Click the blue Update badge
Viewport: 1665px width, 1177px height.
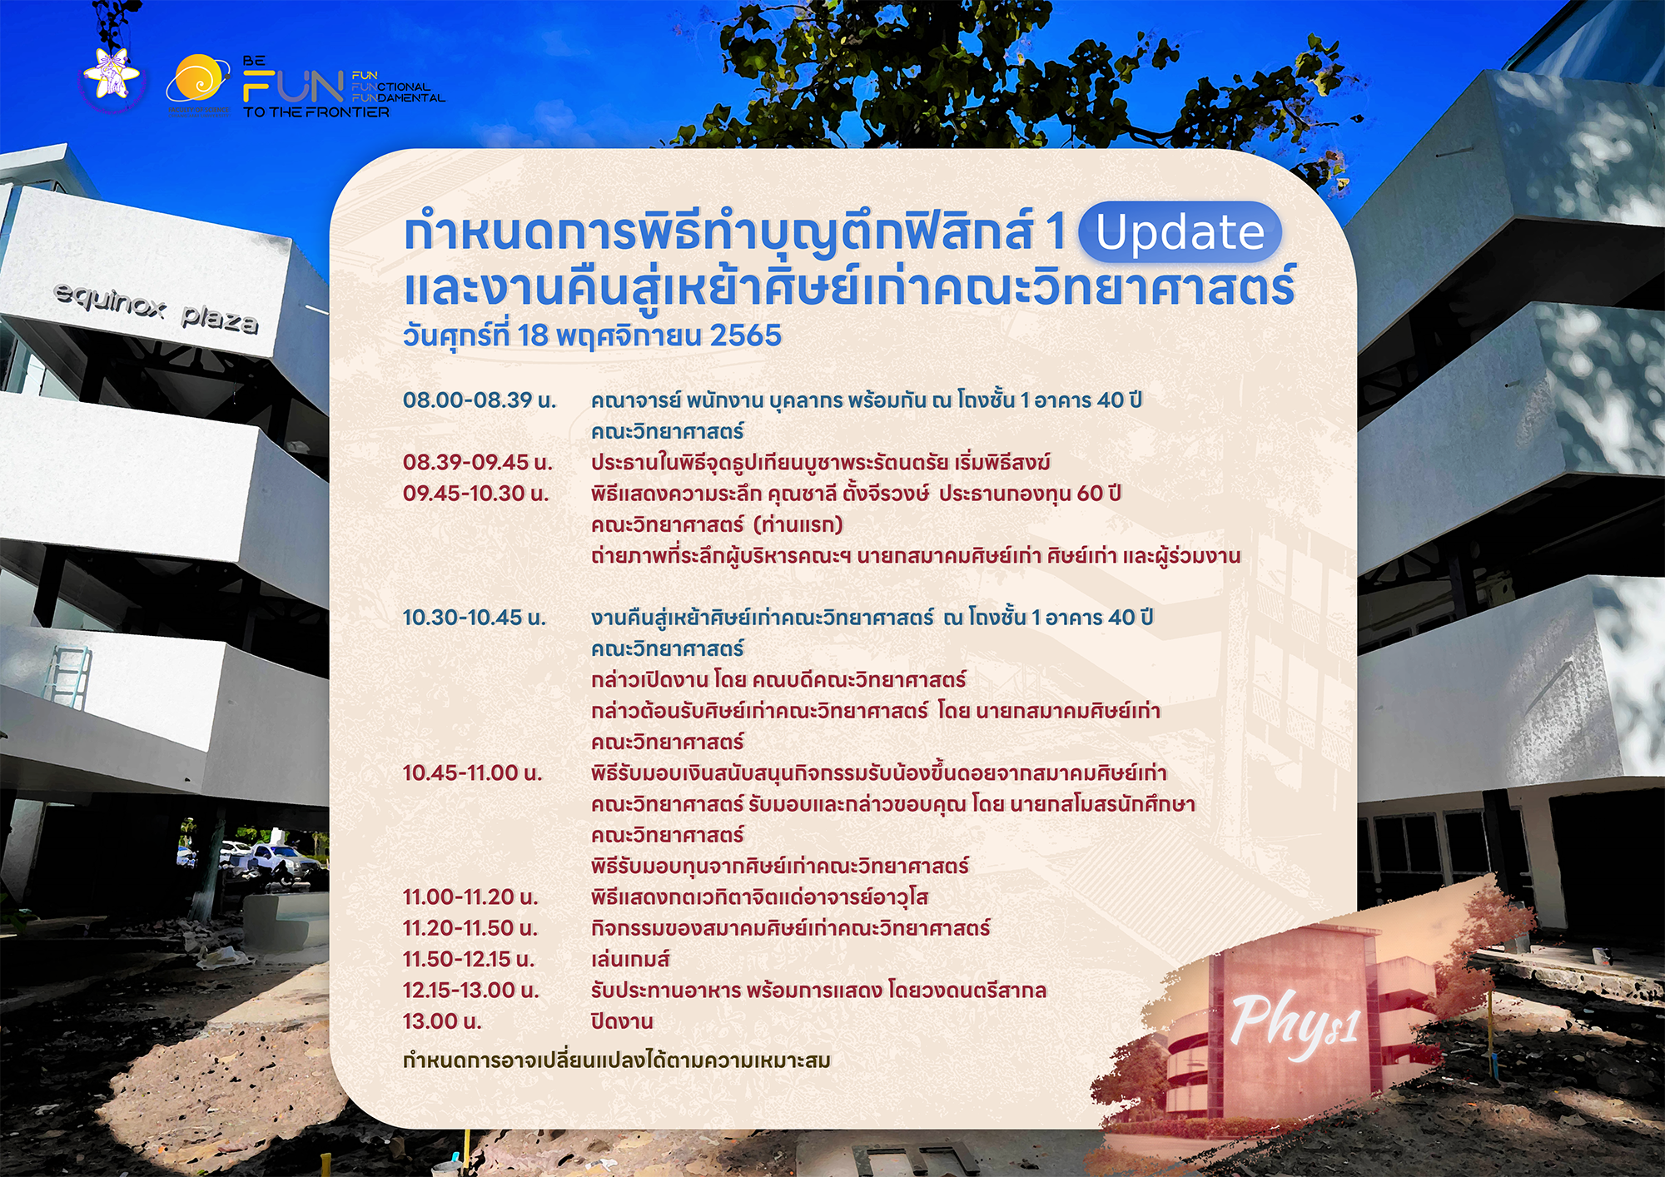coord(1180,232)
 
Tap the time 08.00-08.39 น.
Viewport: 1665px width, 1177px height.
coord(480,400)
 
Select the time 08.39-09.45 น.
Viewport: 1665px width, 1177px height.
coord(478,462)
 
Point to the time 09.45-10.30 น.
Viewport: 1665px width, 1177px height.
coord(476,494)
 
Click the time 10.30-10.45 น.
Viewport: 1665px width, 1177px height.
coord(475,618)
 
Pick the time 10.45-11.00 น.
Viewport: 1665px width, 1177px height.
coord(472,773)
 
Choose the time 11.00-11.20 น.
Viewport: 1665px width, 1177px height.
coord(470,897)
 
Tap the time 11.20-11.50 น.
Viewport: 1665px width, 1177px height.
coord(470,928)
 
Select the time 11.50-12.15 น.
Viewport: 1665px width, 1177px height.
coord(469,960)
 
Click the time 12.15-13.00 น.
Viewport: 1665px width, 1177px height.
coord(471,991)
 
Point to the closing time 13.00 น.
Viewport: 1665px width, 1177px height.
coord(442,1021)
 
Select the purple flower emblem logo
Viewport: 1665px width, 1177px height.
coord(113,77)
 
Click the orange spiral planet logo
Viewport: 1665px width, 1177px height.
coord(198,81)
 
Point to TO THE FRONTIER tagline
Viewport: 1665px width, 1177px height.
coord(316,112)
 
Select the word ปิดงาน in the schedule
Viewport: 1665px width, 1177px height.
coord(622,1021)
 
